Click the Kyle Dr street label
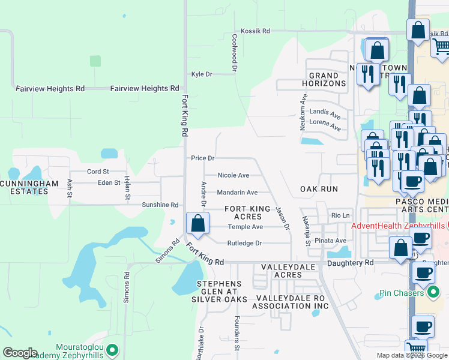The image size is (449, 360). coord(202,74)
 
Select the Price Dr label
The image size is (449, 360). coord(203,158)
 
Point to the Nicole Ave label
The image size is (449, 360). coord(234,175)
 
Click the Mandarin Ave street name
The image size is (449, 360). coord(237,193)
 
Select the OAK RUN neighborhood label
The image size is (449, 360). coord(319,189)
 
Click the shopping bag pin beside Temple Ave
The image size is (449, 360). coord(197,224)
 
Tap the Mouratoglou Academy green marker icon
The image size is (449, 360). coord(111,348)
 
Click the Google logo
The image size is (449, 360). coord(20,353)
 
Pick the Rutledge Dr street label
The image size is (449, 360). coord(245,243)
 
